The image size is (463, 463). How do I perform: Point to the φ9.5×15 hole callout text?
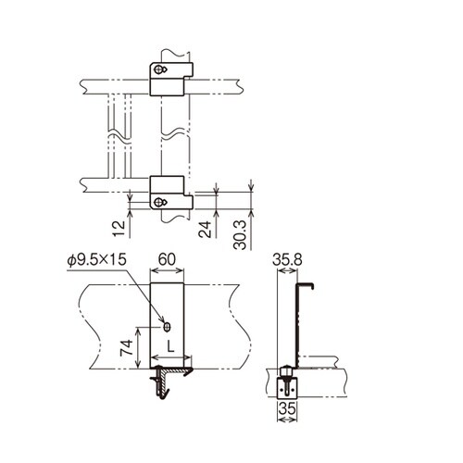click(97, 260)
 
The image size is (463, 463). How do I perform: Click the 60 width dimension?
click(169, 260)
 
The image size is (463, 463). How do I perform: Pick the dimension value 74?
click(126, 348)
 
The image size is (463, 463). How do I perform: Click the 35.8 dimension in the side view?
click(290, 261)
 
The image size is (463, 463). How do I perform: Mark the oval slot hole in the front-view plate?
click(167, 326)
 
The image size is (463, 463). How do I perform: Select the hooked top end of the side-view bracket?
click(307, 284)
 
